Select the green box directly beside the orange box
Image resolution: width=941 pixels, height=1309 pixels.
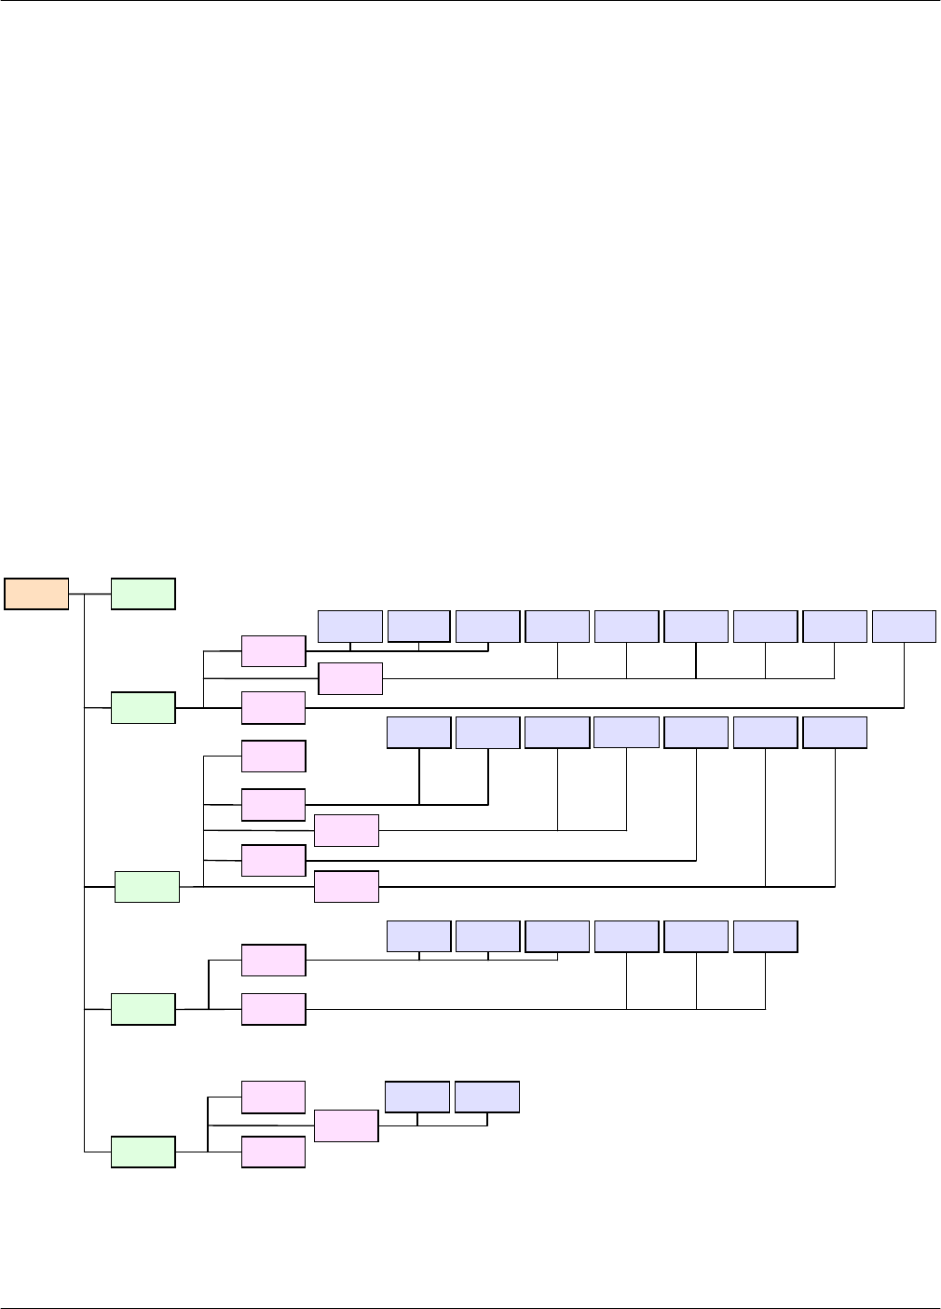click(x=143, y=594)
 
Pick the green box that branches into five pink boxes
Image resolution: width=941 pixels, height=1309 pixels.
click(x=147, y=887)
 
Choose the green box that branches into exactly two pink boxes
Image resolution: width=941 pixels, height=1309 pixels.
click(x=143, y=1009)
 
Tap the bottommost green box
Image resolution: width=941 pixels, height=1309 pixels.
click(x=143, y=1152)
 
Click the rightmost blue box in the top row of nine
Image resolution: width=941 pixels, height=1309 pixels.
click(x=904, y=626)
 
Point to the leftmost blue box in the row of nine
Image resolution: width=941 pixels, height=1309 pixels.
click(x=350, y=626)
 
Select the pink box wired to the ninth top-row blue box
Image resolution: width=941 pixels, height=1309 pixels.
click(x=274, y=708)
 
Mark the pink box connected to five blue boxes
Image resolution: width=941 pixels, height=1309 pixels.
click(x=350, y=678)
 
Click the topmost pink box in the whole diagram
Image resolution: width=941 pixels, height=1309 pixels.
click(x=274, y=651)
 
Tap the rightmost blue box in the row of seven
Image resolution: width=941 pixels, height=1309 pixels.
click(x=835, y=732)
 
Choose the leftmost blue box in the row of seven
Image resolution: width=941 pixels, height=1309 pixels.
click(x=419, y=732)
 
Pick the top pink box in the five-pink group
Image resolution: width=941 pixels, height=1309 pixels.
click(x=274, y=756)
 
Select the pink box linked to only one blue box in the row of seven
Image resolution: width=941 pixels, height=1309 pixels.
click(x=274, y=860)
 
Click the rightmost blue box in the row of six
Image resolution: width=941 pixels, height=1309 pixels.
click(x=766, y=936)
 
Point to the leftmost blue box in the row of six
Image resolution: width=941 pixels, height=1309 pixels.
click(x=419, y=936)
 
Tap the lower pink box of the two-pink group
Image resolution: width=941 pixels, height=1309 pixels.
click(x=274, y=1009)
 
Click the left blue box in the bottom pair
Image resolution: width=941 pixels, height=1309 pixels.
click(x=417, y=1097)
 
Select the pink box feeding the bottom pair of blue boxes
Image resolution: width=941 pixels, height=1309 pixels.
click(x=347, y=1125)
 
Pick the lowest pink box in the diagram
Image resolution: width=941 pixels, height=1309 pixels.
click(x=274, y=1152)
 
